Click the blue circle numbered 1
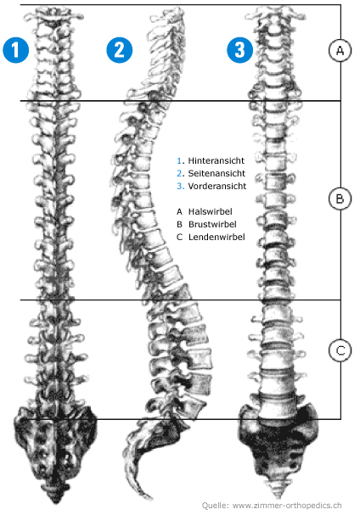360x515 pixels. coord(16,49)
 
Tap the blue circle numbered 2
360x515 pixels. coord(120,49)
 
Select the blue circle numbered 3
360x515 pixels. coord(240,49)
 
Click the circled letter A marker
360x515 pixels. coord(340,50)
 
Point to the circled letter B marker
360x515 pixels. coord(340,199)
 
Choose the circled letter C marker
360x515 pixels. coord(340,350)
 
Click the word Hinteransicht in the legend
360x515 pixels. coord(216,160)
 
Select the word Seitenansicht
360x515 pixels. coord(217,173)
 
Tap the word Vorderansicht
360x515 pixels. coord(217,186)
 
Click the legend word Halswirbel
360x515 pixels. coord(210,211)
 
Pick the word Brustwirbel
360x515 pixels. coord(212,224)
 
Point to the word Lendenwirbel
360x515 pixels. coord(217,237)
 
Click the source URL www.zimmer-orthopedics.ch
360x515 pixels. coord(287,505)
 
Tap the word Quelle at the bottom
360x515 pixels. coord(215,505)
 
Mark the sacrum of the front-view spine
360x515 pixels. coord(278,450)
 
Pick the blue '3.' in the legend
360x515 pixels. coord(181,186)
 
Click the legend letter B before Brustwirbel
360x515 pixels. coord(179,224)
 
